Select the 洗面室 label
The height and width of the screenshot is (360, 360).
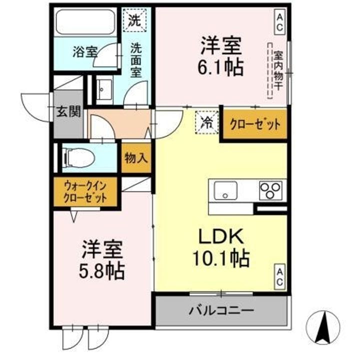coord(136,60)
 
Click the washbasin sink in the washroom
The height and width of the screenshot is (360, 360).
coord(104,90)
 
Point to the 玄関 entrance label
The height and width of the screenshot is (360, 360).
coord(67,110)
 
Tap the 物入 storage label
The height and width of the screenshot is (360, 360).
coord(136,159)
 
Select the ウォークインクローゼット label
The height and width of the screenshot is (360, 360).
coord(85,192)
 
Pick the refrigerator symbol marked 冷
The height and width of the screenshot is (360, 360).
coord(206,121)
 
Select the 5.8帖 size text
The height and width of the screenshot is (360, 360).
coord(102,270)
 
